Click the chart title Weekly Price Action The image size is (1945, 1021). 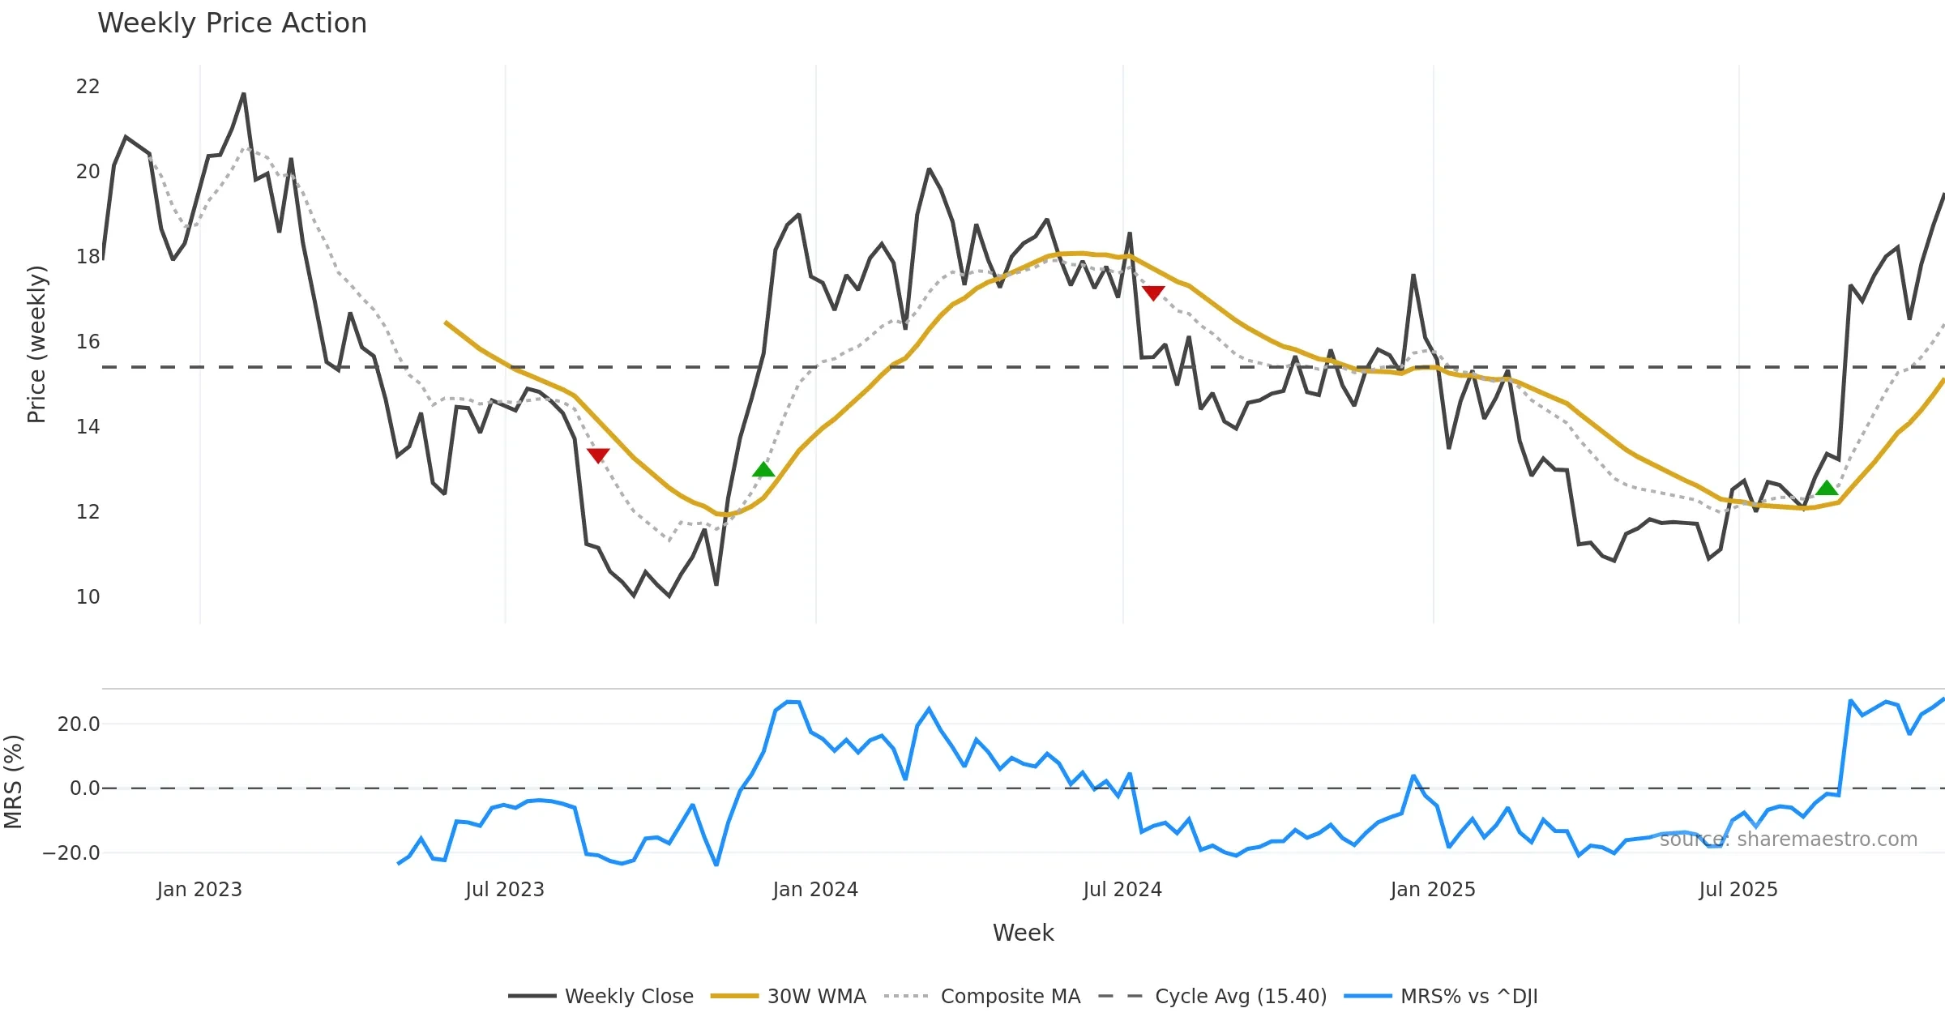(x=232, y=23)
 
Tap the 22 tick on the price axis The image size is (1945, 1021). (x=88, y=87)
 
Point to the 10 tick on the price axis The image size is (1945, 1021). (x=88, y=597)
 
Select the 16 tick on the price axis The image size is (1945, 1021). (x=88, y=342)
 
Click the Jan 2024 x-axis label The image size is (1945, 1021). (x=814, y=890)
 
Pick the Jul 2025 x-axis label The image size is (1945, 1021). (x=1738, y=890)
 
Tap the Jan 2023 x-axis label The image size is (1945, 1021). (x=199, y=890)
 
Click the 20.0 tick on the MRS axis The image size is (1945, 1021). (x=79, y=724)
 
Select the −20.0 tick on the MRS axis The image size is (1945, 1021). (x=71, y=853)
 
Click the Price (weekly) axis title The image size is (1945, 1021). (x=36, y=344)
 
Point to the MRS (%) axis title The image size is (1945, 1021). (x=13, y=782)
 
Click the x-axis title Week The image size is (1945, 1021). (x=1023, y=933)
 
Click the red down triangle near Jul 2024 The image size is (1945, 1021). (x=1153, y=293)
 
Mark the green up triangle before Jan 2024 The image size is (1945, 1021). (x=763, y=469)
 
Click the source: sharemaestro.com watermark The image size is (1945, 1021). (x=1788, y=839)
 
